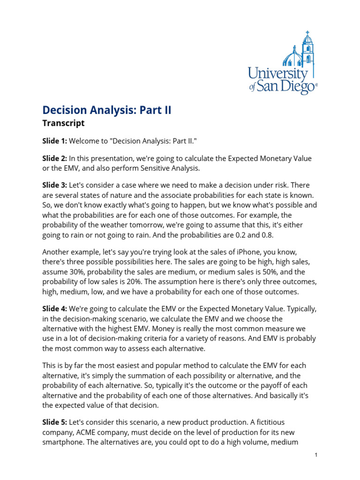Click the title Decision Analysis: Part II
(107, 110)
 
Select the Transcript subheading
(63, 123)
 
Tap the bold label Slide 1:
(55, 141)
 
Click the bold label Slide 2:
(55, 159)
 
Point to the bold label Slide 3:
(55, 185)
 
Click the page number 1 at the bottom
(317, 455)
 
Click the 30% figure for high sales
(78, 272)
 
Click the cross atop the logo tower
(307, 33)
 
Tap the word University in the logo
(277, 74)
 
